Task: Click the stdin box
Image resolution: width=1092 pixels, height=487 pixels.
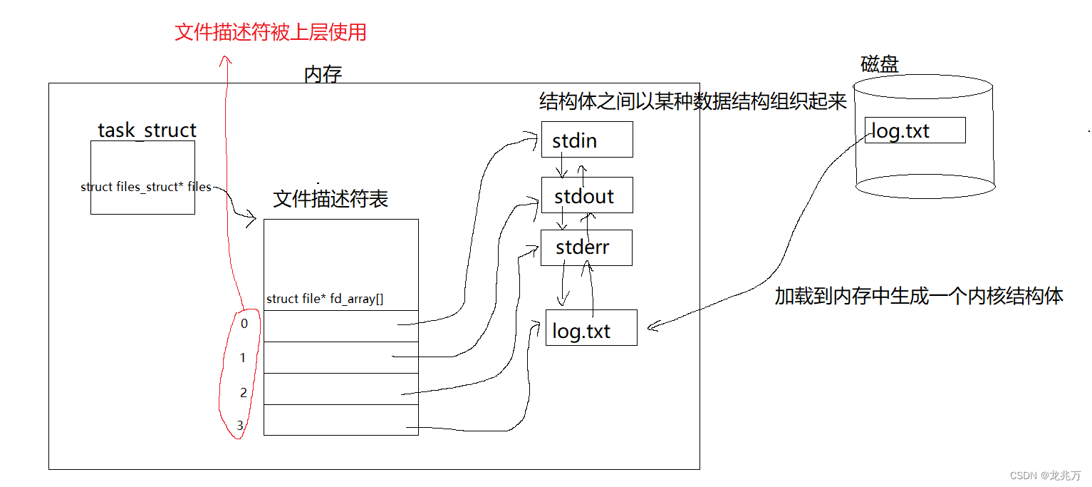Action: coord(586,140)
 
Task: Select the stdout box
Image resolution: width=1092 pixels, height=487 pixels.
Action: coord(586,195)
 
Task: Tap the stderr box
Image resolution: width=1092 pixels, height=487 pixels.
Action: coord(586,248)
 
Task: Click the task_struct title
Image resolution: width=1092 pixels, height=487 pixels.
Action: coord(147,130)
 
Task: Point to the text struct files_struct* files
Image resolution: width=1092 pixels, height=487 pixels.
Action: coord(146,187)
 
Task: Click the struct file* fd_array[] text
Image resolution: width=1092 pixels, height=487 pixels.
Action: coord(325,299)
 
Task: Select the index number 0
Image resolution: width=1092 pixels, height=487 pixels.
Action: coord(244,324)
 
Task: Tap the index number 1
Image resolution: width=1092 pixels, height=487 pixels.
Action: coord(243,358)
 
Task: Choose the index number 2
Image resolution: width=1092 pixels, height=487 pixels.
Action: coord(244,393)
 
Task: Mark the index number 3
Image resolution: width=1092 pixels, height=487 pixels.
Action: coord(240,426)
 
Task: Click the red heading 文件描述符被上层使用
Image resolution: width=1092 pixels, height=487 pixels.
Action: coord(271,33)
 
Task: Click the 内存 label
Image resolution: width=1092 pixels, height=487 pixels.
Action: coord(323,74)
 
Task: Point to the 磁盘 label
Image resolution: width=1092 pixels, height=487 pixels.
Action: coord(880,65)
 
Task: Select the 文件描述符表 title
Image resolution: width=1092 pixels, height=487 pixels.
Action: coord(331,198)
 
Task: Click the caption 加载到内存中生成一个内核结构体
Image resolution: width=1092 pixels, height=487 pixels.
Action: coord(919,297)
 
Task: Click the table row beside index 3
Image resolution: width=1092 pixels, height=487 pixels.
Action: coord(340,420)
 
